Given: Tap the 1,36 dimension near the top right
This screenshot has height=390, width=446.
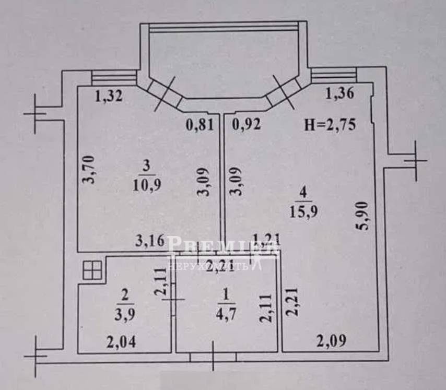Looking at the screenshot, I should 339,94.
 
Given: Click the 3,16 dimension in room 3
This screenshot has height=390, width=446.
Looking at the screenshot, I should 150,241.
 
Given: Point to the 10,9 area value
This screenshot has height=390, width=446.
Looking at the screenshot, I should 147,185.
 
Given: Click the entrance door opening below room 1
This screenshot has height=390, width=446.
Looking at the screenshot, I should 213,357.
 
